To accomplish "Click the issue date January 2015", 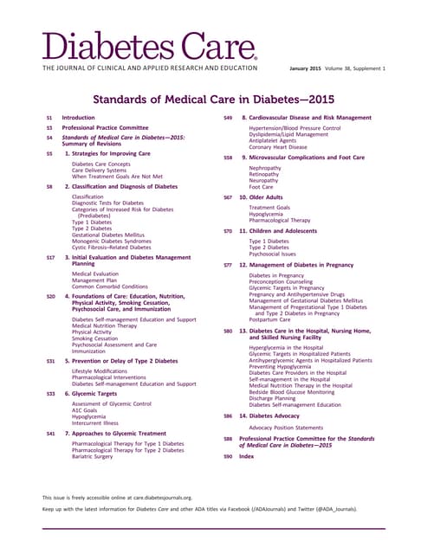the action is pyautogui.click(x=308, y=68).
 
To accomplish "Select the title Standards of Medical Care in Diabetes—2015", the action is pyautogui.click(x=210, y=100).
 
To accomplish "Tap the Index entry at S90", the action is pyautogui.click(x=247, y=455).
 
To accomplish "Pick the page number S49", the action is pyautogui.click(x=227, y=117).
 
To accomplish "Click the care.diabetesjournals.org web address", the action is pyautogui.click(x=160, y=499).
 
